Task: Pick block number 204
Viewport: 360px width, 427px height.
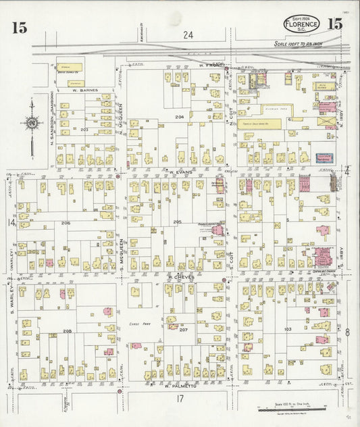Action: (x=179, y=117)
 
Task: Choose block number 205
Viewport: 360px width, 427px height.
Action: (x=177, y=222)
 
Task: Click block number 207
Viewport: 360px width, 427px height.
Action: (x=183, y=330)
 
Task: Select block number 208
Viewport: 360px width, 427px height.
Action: (x=67, y=330)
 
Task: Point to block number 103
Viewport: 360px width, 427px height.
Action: (x=287, y=329)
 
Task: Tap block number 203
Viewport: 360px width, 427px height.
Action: (x=84, y=128)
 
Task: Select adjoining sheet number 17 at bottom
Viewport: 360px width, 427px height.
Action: (x=180, y=400)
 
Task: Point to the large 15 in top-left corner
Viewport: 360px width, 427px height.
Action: (x=18, y=28)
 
